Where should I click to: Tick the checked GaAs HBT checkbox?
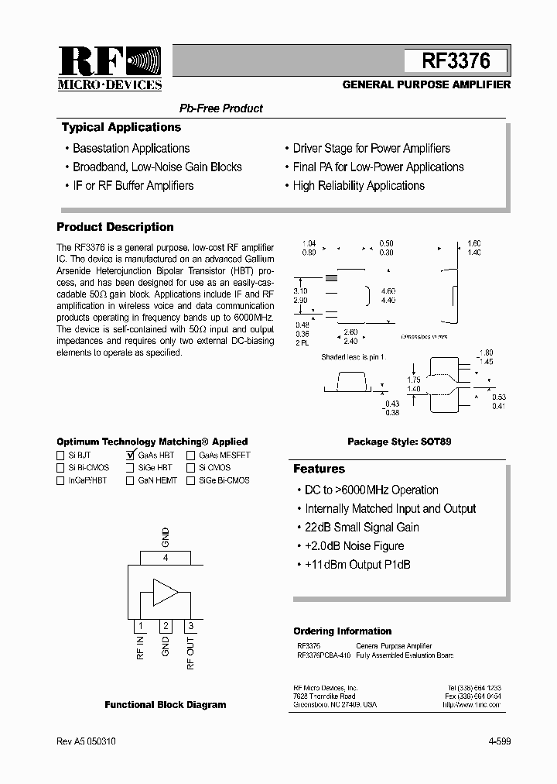pyautogui.click(x=130, y=456)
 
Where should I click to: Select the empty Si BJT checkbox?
pyautogui.click(x=60, y=456)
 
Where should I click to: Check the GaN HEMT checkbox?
pyautogui.click(x=130, y=480)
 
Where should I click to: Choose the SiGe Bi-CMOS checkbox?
pyautogui.click(x=190, y=480)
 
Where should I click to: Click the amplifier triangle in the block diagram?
pyautogui.click(x=165, y=593)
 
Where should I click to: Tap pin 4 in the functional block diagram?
pyautogui.click(x=165, y=557)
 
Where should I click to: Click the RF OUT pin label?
pyautogui.click(x=191, y=652)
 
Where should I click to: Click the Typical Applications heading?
pyautogui.click(x=121, y=127)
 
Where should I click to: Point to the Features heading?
pyautogui.click(x=319, y=469)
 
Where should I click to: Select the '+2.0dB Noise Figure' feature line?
pyautogui.click(x=354, y=546)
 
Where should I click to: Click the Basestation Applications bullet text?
pyautogui.click(x=131, y=148)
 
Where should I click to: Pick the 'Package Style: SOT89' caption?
pyautogui.click(x=398, y=442)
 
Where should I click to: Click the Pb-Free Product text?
pyautogui.click(x=221, y=108)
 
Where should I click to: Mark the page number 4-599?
pyautogui.click(x=500, y=741)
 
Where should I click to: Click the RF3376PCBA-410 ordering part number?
pyautogui.click(x=323, y=655)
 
